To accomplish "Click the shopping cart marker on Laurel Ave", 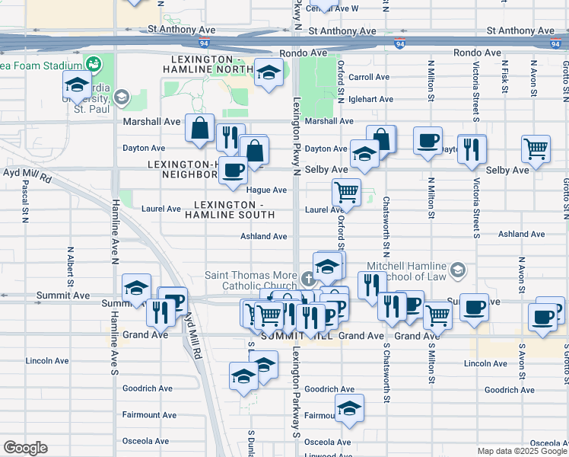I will pos(346,192).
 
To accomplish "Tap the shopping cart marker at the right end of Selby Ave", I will pos(536,149).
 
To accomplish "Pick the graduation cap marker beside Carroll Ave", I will pos(269,72).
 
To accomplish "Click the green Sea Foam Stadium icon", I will pos(94,64).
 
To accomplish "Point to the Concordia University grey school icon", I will pos(121,97).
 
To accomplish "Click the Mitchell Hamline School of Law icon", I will pos(458,270).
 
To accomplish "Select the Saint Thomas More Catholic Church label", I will pos(250,280).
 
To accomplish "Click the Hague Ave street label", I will pos(266,190).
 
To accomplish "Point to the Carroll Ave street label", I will pos(369,77).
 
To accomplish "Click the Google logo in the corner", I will pos(26,448).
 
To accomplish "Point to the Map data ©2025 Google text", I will pos(521,451).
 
